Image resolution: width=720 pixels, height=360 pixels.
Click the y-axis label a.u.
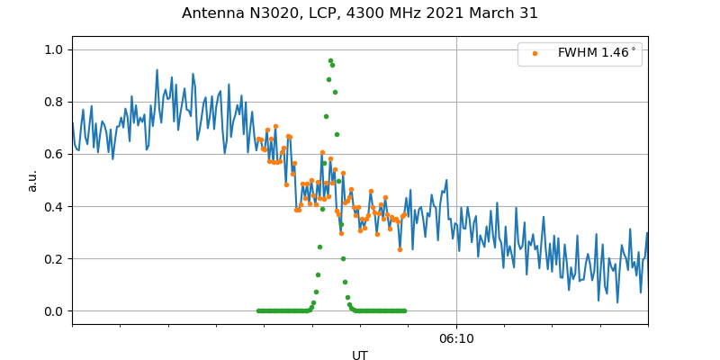[x=32, y=180]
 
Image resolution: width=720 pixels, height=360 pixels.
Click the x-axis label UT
[x=360, y=355]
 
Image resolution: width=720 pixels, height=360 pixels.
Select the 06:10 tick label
[x=456, y=339]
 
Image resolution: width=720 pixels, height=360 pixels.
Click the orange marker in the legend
[x=535, y=53]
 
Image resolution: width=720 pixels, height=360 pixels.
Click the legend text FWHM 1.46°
[x=597, y=53]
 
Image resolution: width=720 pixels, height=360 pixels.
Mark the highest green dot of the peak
[x=330, y=60]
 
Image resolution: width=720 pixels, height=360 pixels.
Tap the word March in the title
[x=494, y=13]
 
